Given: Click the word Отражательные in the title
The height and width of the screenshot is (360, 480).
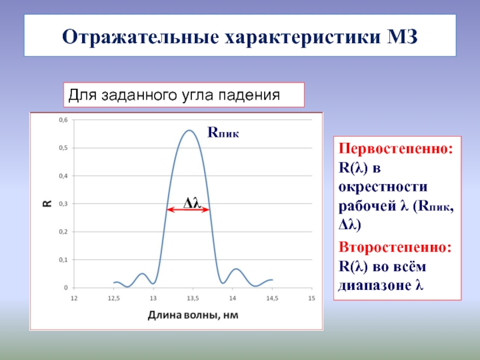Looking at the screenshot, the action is point(140,37).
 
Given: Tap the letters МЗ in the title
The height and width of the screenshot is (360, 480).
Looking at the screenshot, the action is point(403,37).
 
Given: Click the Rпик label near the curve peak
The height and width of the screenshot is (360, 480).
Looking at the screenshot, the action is point(223,133).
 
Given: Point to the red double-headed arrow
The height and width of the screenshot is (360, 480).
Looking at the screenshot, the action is point(188,209).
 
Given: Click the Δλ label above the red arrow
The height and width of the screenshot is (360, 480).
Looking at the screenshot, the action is point(191,202).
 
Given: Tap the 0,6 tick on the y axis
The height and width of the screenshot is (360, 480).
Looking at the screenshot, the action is point(64,120).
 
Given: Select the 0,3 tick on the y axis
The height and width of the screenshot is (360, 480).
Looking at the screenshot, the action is point(64,204).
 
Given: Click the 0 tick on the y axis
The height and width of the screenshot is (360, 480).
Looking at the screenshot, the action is point(66,288).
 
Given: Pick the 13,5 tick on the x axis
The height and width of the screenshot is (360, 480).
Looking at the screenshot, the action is point(193,298).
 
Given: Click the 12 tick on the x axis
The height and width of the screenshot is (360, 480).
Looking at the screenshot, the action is point(74,298).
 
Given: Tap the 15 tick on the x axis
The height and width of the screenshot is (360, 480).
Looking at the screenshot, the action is point(311,298).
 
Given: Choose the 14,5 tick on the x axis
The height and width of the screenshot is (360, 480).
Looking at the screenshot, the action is point(272,298).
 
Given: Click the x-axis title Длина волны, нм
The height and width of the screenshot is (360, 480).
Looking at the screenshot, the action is point(193,315).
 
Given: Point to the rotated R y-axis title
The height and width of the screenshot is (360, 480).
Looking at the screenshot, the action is point(47,204).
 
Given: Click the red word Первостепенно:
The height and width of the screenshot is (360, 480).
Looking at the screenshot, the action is point(395,148).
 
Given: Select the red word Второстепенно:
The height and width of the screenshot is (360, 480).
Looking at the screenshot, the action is point(395,247).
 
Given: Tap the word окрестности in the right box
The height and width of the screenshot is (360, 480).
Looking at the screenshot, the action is point(383,187).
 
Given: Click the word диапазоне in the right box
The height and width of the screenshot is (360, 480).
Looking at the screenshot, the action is point(375,286).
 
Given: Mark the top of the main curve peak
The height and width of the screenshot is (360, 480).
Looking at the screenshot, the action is point(190,130).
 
